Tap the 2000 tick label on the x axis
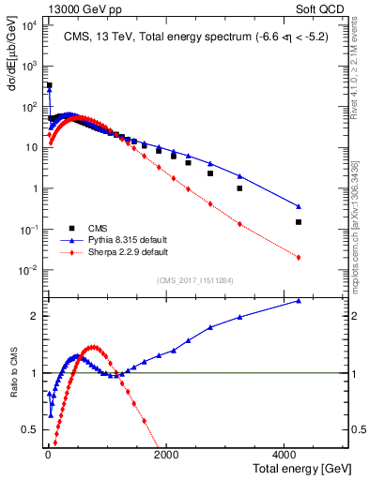pos(166,455)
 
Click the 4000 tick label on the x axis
pos(285,455)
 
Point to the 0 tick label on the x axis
pos(47,455)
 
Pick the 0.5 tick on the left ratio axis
pos(33,430)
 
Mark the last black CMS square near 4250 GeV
pos(299,222)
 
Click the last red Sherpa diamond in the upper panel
pos(299,257)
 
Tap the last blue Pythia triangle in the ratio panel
pos(299,301)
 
